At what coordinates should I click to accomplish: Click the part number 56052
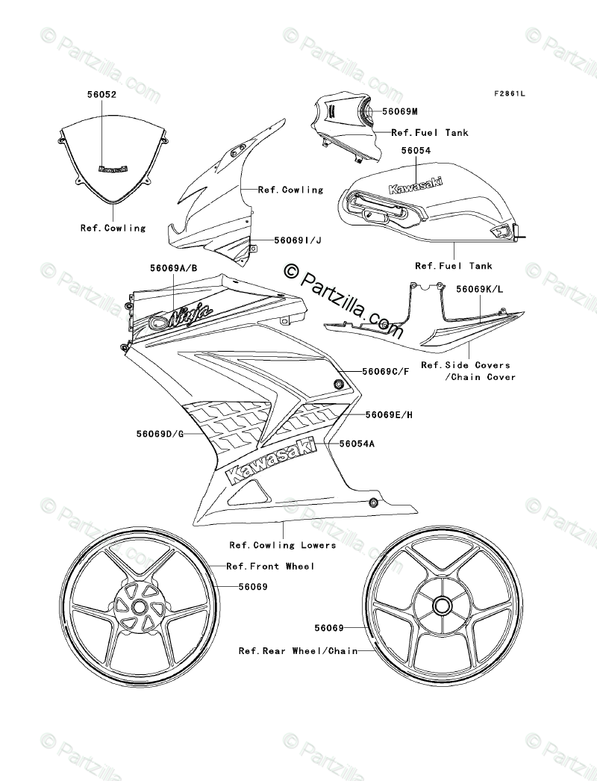tap(101, 96)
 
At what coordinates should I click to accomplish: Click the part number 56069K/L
tap(481, 288)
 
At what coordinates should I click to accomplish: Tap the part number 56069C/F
tap(387, 371)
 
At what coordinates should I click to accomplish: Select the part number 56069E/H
tap(390, 414)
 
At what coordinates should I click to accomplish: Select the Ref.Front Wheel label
tap(271, 567)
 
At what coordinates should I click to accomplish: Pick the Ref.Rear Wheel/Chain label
tap(297, 650)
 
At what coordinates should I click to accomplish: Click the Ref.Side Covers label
tap(466, 365)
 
